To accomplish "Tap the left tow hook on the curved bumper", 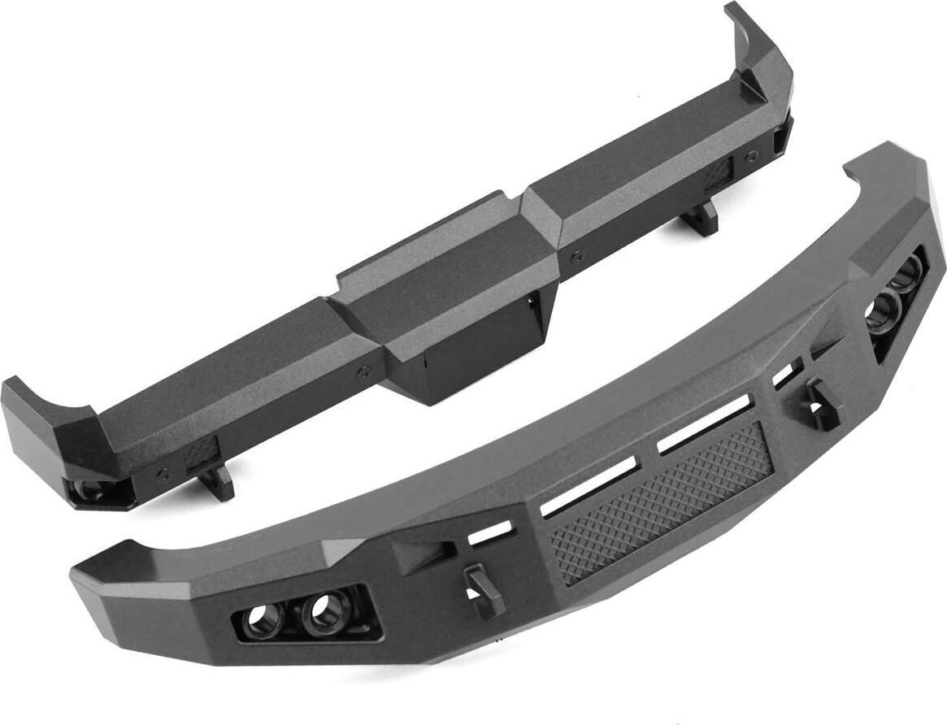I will [479, 588].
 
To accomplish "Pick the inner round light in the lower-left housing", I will [325, 610].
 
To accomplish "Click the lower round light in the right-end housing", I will [883, 313].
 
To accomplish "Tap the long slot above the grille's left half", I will [590, 487].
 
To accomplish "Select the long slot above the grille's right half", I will [703, 425].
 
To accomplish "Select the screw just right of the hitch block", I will [576, 256].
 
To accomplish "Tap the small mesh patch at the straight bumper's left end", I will [202, 453].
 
